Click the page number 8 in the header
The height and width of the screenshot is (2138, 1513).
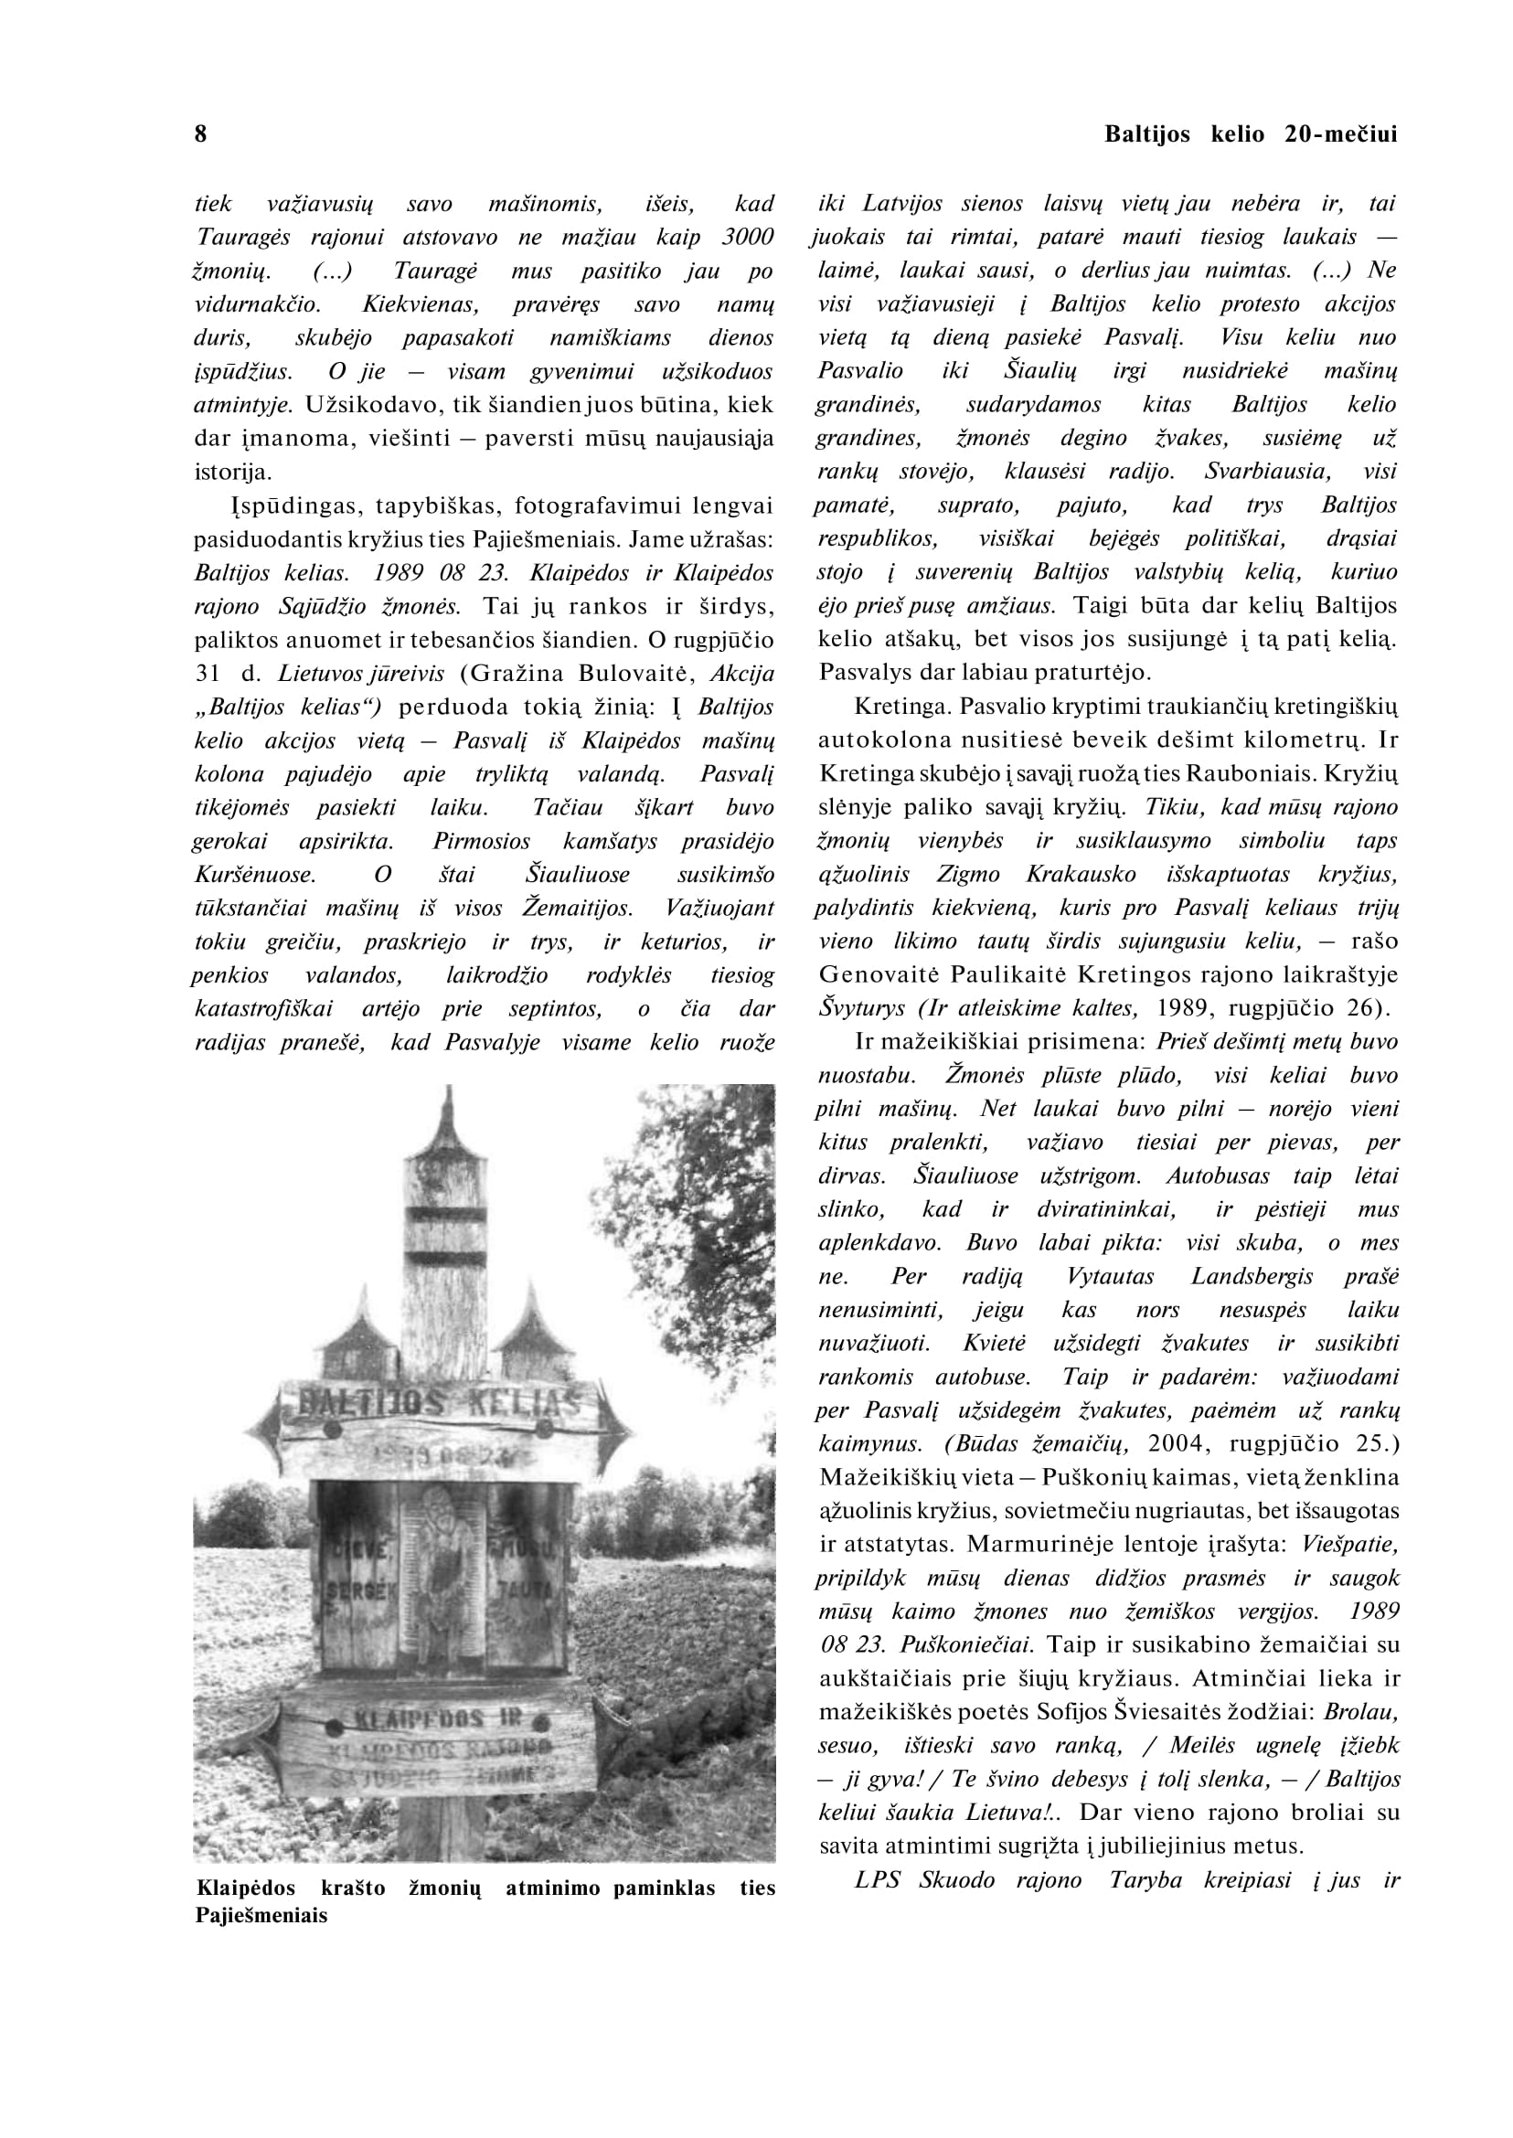[200, 134]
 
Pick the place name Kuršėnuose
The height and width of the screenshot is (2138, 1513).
[254, 875]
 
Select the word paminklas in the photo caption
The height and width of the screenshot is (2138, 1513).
[665, 1889]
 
